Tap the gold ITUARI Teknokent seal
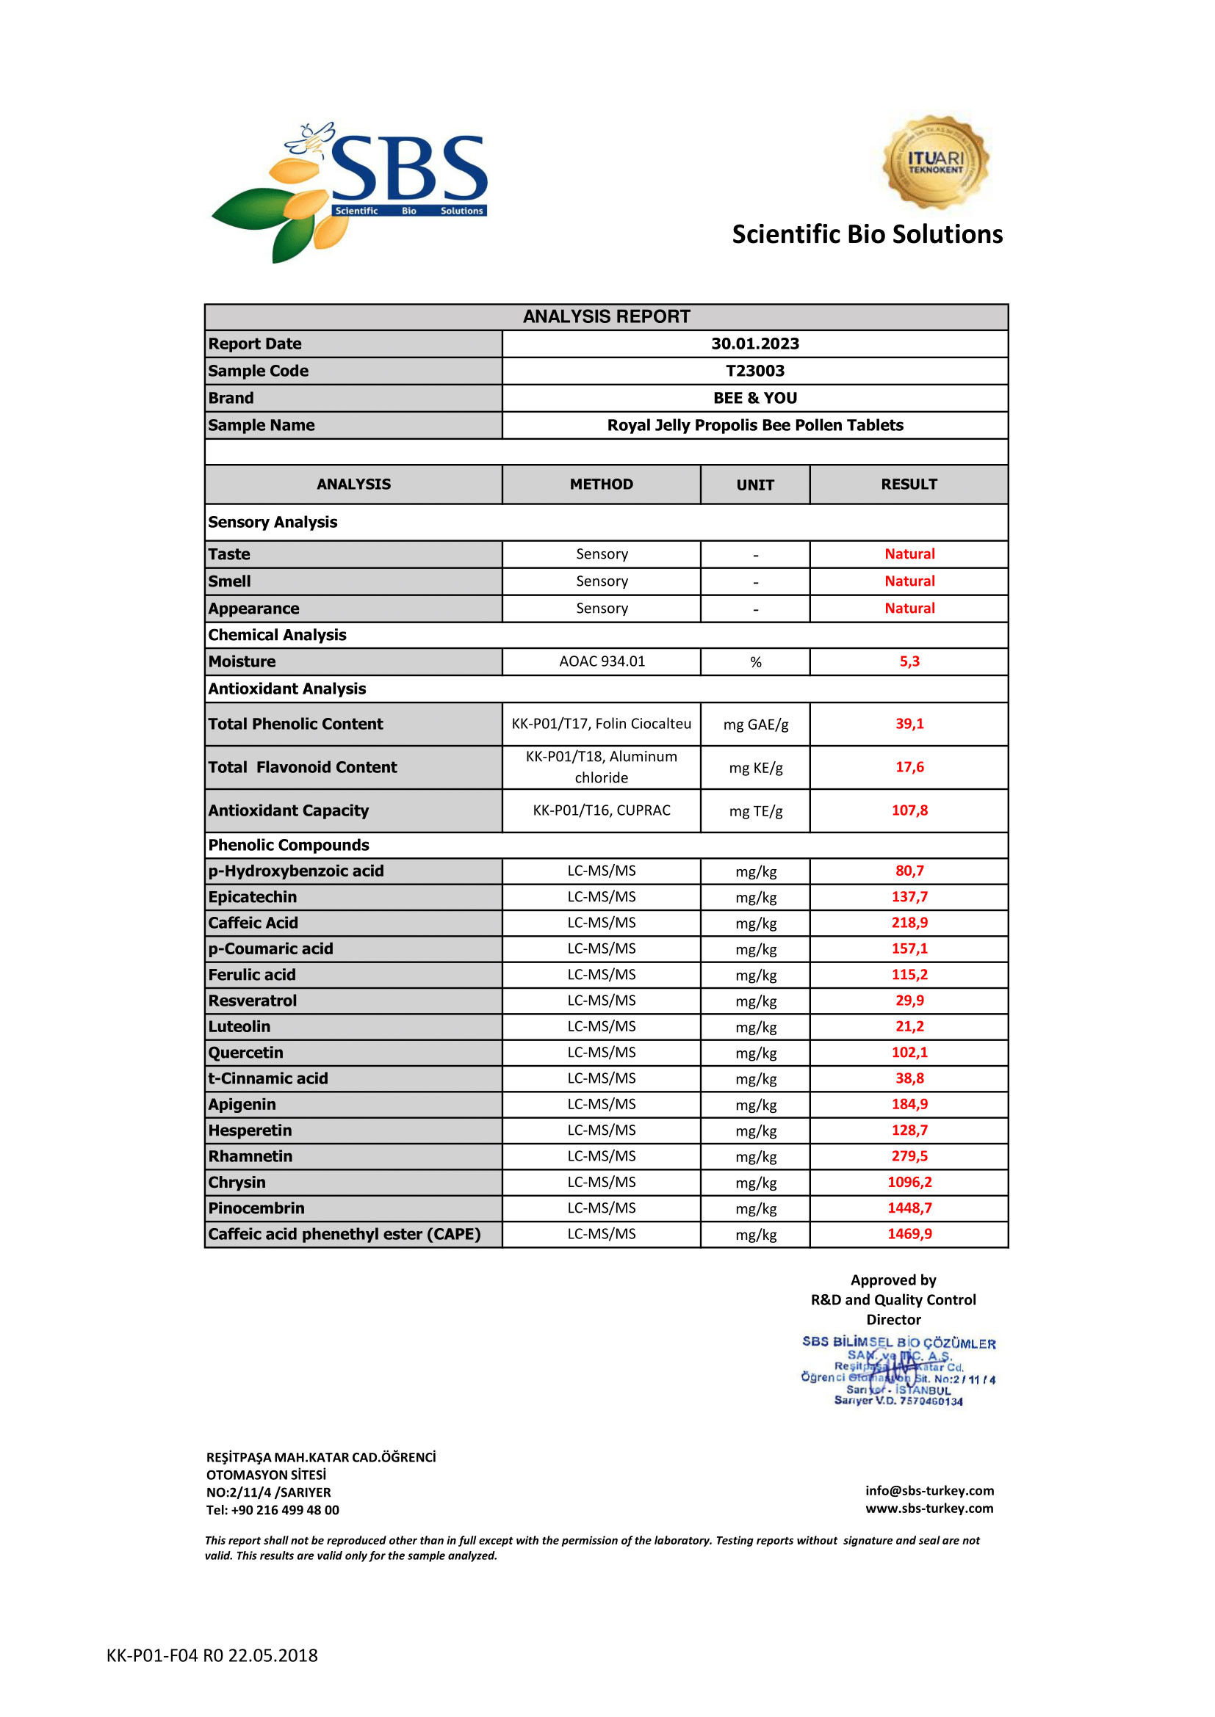tap(935, 161)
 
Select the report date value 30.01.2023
tap(755, 344)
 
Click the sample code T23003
tap(755, 371)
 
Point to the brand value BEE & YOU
tap(755, 398)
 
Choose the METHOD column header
tap(602, 484)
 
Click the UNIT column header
tap(755, 485)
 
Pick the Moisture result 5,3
tap(909, 662)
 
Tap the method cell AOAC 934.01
tap(602, 662)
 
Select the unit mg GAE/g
tap(756, 725)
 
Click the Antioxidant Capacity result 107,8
tap(909, 810)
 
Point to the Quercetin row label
tap(245, 1053)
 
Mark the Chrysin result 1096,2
tap(909, 1183)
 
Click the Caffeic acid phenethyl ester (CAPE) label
tap(344, 1235)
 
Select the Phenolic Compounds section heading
tap(289, 845)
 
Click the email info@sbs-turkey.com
tap(929, 1491)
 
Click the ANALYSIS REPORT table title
tap(606, 317)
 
